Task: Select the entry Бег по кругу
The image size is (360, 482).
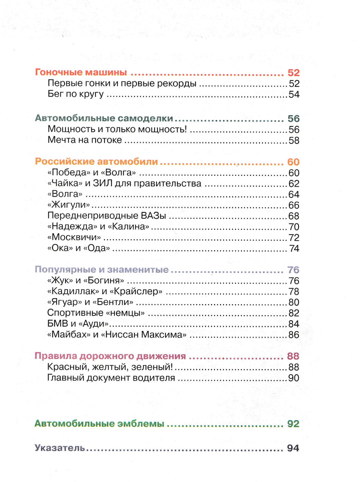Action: click(x=75, y=95)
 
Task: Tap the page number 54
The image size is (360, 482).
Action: click(x=293, y=95)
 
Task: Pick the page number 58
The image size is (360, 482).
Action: click(x=293, y=140)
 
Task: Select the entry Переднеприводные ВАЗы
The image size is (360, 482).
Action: click(x=106, y=216)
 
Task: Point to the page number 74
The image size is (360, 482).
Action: click(x=293, y=248)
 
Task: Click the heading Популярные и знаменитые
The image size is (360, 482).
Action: click(x=102, y=270)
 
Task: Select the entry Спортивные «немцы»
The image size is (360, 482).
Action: click(x=96, y=313)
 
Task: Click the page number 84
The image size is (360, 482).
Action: click(x=293, y=324)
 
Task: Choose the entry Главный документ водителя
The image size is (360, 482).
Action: click(x=111, y=378)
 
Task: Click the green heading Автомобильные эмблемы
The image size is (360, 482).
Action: click(x=99, y=424)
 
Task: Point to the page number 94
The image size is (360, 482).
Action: click(x=293, y=448)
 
